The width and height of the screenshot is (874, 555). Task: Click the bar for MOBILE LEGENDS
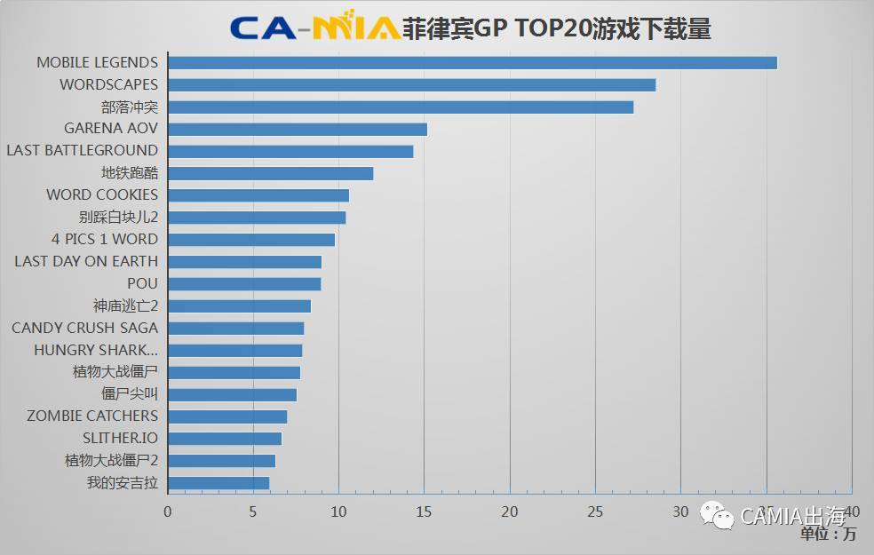(472, 63)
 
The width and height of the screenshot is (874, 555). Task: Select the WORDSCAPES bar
(411, 85)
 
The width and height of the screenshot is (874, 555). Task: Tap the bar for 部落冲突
(400, 107)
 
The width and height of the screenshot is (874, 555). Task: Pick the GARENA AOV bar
(297, 130)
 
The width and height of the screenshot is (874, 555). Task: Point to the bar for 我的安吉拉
(218, 483)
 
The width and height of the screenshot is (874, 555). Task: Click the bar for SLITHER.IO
(224, 439)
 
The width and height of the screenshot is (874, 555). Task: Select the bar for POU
(243, 284)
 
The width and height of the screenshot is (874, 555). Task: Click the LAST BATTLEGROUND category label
(82, 151)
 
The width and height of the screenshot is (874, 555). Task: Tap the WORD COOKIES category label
(102, 195)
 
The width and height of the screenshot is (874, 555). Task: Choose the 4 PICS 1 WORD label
(104, 240)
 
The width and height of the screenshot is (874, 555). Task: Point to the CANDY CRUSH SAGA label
(84, 328)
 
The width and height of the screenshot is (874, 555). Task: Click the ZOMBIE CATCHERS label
(92, 416)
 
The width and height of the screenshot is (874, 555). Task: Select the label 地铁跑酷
(130, 173)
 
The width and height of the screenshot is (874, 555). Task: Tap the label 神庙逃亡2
(125, 305)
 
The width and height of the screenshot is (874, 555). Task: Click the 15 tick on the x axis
(424, 511)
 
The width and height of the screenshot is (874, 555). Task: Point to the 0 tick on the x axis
(168, 511)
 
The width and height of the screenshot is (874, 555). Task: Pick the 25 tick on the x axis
(595, 511)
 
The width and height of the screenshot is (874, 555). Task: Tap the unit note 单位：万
(828, 535)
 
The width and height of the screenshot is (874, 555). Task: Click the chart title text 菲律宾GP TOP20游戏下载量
(557, 28)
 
